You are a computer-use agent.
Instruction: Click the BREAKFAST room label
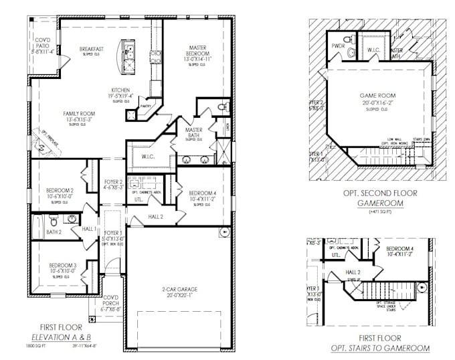tap(91, 49)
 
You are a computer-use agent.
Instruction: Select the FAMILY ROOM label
tap(79, 114)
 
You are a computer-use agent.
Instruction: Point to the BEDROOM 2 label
tap(60, 191)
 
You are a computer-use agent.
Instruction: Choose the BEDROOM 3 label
tap(62, 265)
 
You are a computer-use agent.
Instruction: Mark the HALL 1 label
tap(90, 228)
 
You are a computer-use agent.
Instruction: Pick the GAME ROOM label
tap(373, 96)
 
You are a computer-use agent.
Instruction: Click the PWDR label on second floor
tap(337, 46)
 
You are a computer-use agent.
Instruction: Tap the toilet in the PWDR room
tap(351, 52)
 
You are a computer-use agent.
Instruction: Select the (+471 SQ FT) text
tap(379, 211)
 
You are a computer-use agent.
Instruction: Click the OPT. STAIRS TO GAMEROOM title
tap(380, 349)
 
